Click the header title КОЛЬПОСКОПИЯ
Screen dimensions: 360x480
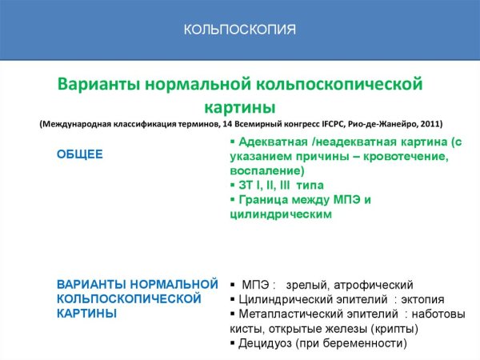240,30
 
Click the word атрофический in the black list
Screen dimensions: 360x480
371,285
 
